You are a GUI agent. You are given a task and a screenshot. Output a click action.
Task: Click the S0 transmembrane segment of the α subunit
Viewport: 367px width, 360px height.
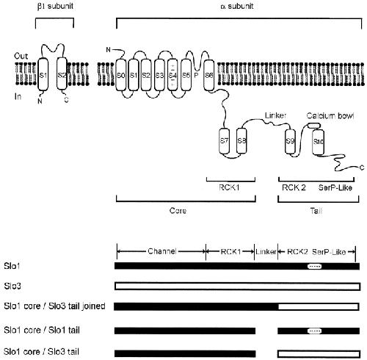[120, 74]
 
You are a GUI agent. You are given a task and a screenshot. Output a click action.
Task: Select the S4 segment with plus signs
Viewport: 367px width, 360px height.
[172, 74]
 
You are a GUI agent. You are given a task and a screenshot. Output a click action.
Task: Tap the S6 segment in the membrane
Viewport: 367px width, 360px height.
[208, 75]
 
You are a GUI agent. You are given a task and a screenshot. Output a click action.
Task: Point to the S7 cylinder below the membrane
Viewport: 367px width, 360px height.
[224, 141]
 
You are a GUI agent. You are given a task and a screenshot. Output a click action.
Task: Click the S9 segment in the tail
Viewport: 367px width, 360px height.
[290, 141]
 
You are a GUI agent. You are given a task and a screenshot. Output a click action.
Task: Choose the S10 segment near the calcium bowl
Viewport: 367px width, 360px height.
[319, 141]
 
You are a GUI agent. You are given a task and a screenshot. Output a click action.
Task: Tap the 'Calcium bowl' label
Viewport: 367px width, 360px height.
[330, 115]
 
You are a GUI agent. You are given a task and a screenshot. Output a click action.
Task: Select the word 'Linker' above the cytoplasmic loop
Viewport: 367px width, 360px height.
[275, 115]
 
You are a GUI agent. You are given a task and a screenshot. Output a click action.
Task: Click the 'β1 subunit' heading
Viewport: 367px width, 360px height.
[55, 6]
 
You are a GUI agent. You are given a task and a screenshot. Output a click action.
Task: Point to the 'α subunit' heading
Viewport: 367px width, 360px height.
[237, 6]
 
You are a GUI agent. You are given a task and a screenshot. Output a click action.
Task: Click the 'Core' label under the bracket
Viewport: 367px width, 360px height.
[178, 211]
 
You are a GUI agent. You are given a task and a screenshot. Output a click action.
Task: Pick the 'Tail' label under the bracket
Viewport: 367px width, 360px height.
[316, 211]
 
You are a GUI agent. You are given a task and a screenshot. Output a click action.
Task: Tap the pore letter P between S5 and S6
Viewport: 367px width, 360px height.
[196, 75]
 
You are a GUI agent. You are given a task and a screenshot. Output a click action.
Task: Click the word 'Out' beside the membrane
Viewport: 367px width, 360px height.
[21, 56]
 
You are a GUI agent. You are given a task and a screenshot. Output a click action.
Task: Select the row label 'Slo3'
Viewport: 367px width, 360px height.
[12, 286]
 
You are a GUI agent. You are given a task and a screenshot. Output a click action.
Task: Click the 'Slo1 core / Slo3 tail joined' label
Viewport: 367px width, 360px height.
[54, 306]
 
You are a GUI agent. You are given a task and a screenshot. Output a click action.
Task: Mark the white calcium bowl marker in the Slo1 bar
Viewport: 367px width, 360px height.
[315, 266]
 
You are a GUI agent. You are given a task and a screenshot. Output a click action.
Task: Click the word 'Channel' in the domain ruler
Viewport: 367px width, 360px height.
[162, 251]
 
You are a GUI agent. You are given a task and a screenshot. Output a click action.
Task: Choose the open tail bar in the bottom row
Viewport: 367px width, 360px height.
[319, 354]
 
